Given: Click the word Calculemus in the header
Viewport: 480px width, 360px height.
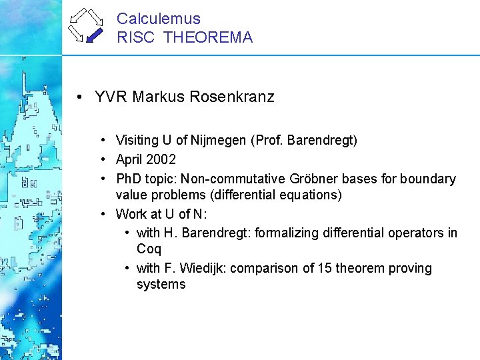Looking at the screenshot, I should click(158, 19).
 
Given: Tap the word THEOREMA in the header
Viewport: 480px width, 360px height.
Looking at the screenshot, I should click(208, 37).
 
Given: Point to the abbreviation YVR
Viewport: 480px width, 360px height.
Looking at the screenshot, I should click(111, 97).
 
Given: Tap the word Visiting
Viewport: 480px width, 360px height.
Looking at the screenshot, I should click(137, 141).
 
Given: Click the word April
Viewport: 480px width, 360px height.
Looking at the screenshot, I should click(130, 159).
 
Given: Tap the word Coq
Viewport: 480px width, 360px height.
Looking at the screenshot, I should click(149, 249).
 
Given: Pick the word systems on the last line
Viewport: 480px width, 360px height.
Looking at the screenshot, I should click(161, 285).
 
